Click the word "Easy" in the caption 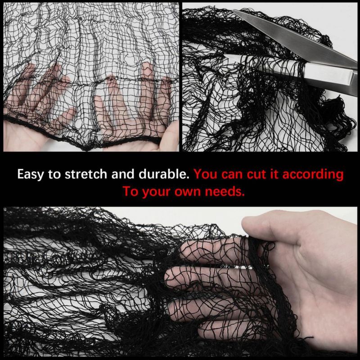click(30, 174)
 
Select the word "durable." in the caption click(164, 174)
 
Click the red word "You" click(206, 174)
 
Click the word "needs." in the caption click(225, 192)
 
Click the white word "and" click(123, 174)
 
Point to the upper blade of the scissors click(294, 38)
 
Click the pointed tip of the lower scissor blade click(225, 55)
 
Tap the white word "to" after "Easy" click(54, 174)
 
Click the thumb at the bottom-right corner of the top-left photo click(169, 137)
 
